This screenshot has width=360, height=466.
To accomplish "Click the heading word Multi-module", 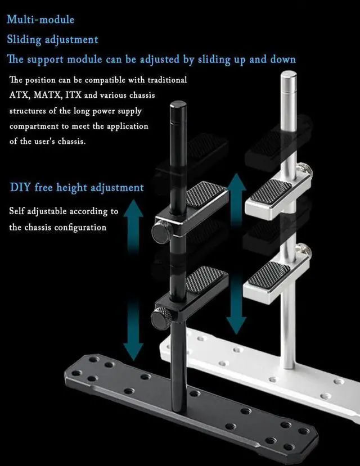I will tap(40, 20).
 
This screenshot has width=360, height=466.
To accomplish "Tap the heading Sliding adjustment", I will tap(52, 39).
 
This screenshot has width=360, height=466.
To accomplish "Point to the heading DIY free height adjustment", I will tap(77, 187).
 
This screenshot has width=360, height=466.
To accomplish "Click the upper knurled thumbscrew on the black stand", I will tap(161, 232).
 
